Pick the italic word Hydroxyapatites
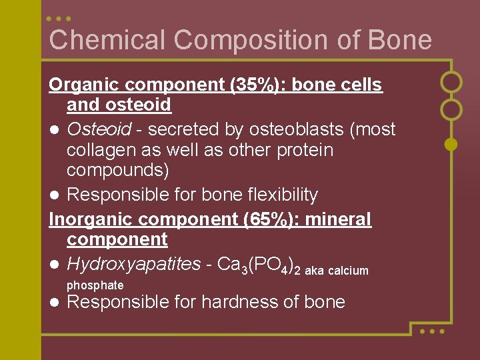click(133, 265)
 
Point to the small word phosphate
click(95, 285)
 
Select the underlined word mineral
click(341, 219)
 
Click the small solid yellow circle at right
click(451, 143)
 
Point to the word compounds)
click(118, 171)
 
